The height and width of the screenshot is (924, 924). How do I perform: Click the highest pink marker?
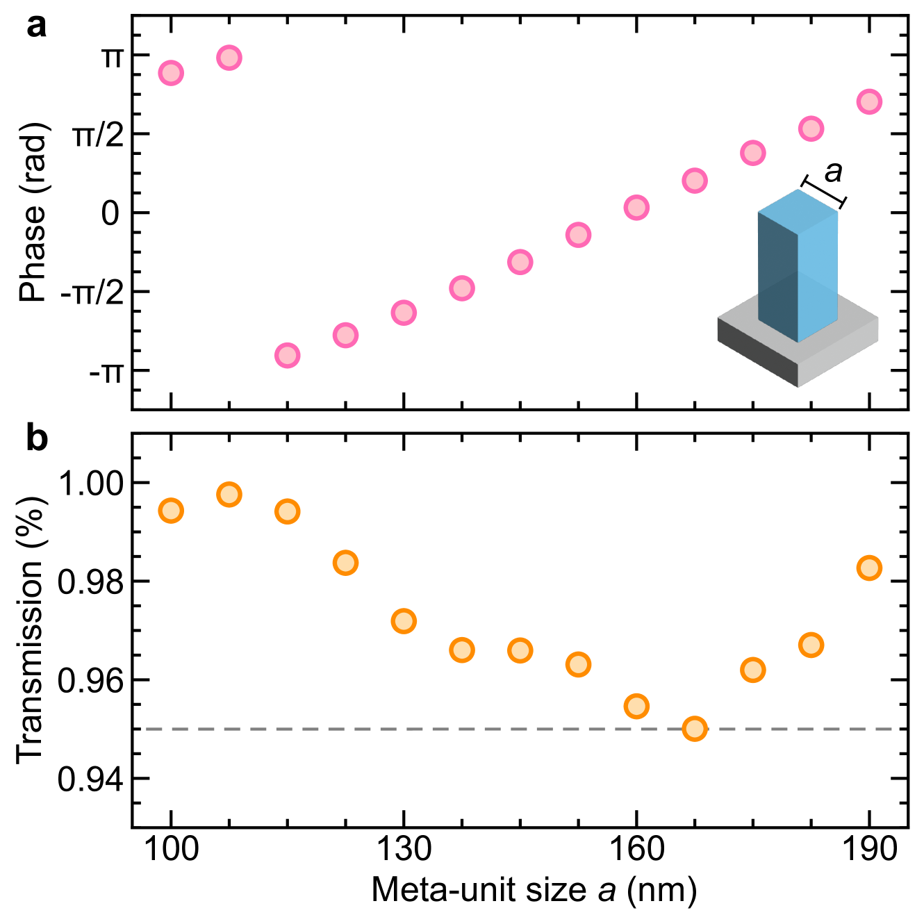[229, 58]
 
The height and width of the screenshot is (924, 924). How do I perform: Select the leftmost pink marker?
[171, 73]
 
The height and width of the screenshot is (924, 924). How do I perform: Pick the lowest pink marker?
[287, 356]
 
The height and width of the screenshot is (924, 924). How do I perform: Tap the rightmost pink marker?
[869, 101]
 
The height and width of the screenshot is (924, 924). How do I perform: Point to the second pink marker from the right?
[811, 129]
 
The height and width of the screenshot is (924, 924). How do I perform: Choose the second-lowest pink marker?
[345, 336]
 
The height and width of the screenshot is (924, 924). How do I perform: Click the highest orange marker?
[229, 495]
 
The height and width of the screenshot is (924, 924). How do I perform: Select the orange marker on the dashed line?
[695, 729]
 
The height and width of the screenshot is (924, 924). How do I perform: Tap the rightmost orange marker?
[869, 568]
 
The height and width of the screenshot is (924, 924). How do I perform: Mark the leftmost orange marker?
[171, 511]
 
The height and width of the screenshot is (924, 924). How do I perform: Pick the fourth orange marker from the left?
[345, 563]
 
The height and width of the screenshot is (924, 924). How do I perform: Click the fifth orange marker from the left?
[404, 621]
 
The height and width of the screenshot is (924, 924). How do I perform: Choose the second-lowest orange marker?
[636, 707]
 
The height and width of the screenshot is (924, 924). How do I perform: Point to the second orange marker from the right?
[811, 645]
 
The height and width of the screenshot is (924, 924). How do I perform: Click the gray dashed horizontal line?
[417, 729]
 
